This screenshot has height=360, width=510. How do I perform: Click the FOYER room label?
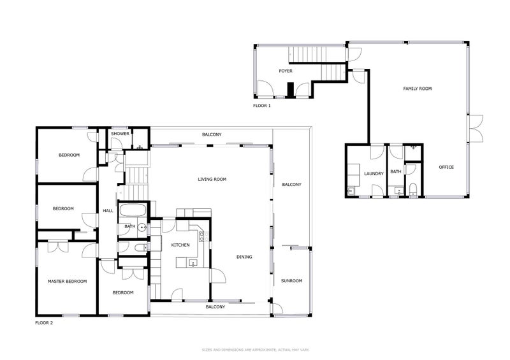(x=286, y=71)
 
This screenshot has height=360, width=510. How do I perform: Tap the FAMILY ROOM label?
(x=418, y=89)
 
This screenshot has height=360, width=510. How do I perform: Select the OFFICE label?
(x=446, y=167)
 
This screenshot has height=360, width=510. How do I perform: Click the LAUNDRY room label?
(x=373, y=173)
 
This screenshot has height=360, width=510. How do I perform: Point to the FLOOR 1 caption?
(x=262, y=106)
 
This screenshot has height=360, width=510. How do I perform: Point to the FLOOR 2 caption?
(x=44, y=323)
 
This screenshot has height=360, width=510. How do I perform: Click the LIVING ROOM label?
(x=212, y=180)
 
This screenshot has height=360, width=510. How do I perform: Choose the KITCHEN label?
(x=180, y=245)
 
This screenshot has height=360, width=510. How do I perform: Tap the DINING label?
(x=244, y=257)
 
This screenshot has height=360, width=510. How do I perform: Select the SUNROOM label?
(x=292, y=281)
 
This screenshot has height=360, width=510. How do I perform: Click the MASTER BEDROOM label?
(x=67, y=281)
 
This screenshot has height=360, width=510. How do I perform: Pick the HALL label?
(x=108, y=212)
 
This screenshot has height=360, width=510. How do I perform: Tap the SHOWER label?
(x=120, y=134)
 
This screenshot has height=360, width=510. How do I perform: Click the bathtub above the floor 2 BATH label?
(x=135, y=210)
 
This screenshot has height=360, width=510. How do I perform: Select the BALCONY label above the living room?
(x=212, y=134)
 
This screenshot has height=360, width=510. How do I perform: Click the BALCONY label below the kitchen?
(x=215, y=306)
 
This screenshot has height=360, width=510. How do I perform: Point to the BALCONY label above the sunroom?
(x=292, y=185)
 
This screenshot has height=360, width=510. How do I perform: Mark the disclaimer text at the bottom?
(x=255, y=350)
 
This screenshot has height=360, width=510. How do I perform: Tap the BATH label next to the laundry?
(x=396, y=171)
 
